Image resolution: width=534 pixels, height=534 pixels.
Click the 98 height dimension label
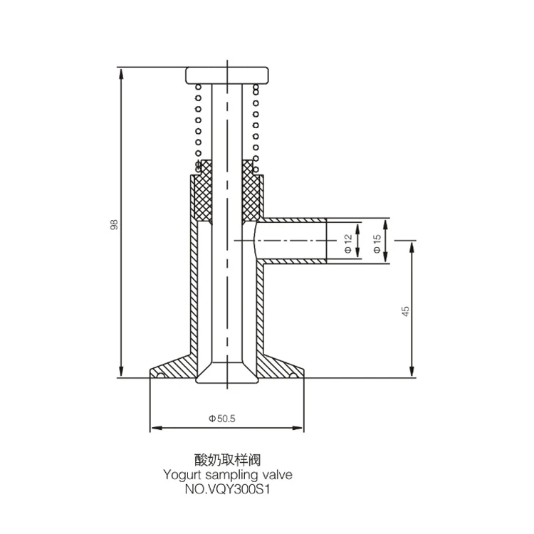tap(114, 224)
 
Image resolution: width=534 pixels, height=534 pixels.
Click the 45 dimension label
tap(405, 311)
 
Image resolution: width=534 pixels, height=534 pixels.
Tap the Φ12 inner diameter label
tap(348, 244)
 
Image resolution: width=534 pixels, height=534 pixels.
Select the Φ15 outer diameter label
tap(377, 244)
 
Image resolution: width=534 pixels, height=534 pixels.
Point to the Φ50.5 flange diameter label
tap(221, 418)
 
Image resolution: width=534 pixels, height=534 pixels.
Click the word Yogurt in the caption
tap(182, 475)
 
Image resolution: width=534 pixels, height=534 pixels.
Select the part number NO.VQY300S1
tap(227, 489)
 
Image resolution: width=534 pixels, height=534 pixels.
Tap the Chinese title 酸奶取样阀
tap(227, 460)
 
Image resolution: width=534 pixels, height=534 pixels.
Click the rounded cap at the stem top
tap(227, 75)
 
